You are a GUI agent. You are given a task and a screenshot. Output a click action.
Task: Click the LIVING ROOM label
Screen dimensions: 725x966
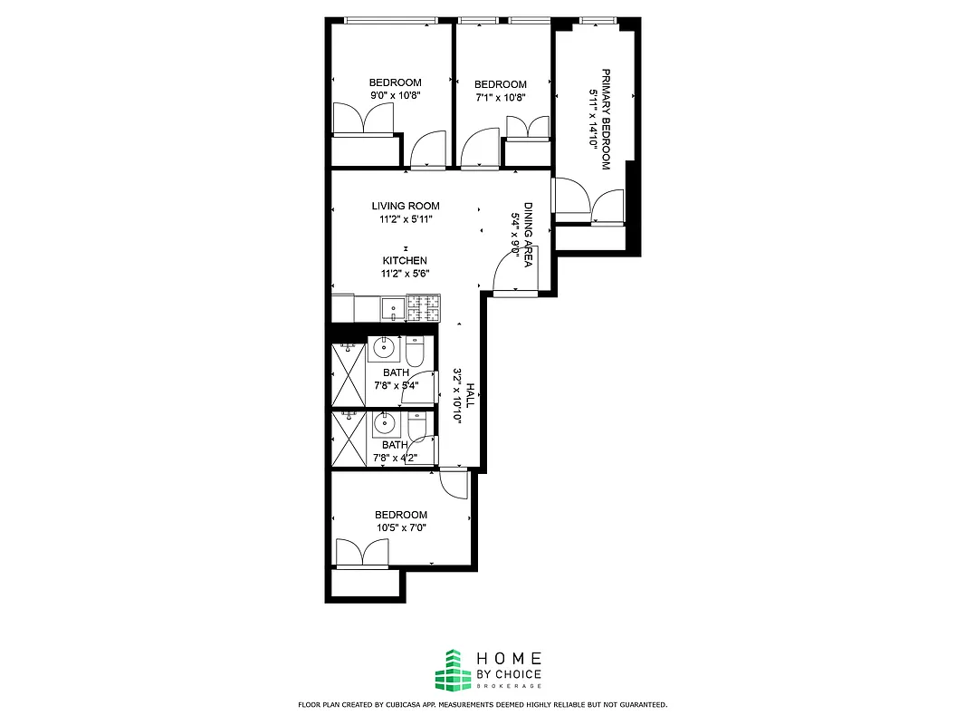coord(405,206)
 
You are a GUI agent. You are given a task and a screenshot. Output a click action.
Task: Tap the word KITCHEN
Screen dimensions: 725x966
coord(405,260)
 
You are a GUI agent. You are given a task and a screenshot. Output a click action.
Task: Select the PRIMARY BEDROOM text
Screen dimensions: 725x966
coord(607,119)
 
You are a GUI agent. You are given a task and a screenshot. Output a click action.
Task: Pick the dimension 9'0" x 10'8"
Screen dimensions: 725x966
coord(396,95)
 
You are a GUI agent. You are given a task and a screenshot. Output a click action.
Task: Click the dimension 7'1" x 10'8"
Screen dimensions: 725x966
coord(500,97)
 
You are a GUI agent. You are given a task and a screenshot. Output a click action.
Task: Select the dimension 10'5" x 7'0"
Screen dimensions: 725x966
coord(401,527)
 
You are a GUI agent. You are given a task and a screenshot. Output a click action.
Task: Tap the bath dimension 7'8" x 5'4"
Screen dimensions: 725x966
coord(395,384)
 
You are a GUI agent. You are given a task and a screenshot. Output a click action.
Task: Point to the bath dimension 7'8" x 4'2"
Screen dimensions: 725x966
coord(395,457)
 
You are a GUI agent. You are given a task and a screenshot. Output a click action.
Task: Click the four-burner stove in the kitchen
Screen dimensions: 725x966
coord(424,309)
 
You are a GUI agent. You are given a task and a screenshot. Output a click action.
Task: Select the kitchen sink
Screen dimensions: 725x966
coord(393,308)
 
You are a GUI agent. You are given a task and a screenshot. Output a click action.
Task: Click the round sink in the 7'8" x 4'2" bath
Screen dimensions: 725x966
coord(384,423)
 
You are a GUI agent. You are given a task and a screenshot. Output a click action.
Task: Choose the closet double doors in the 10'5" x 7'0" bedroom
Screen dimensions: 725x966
coord(363,553)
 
